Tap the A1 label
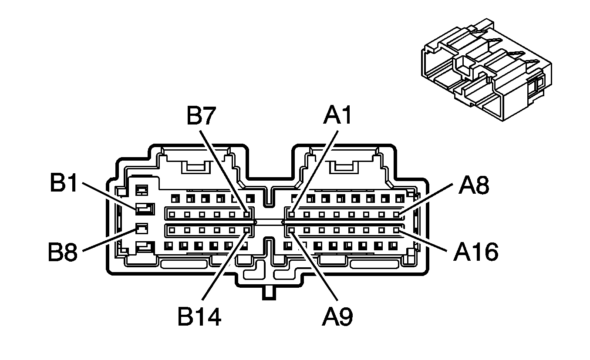(x=337, y=116)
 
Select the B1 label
(x=64, y=184)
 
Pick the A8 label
(x=473, y=185)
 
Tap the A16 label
(x=475, y=252)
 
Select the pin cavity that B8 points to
(x=142, y=228)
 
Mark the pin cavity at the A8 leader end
(x=396, y=214)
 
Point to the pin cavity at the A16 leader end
(x=396, y=229)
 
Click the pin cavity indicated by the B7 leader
(x=247, y=214)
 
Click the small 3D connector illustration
(x=485, y=70)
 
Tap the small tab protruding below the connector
(x=269, y=293)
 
